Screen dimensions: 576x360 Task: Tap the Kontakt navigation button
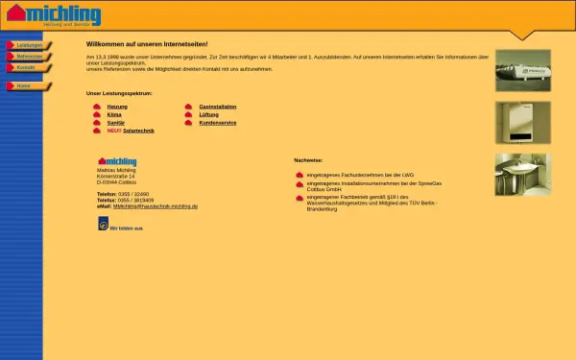tap(26, 67)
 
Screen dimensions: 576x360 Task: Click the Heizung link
tap(117, 107)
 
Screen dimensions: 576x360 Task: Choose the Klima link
tap(114, 114)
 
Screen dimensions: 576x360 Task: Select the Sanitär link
tap(115, 122)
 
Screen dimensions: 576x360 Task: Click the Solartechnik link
tap(138, 130)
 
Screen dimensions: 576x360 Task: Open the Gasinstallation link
tap(218, 107)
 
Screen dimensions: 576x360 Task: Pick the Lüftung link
tap(209, 114)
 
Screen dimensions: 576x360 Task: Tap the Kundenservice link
tap(218, 122)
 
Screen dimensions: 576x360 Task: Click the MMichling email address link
tap(156, 206)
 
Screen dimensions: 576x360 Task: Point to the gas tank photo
tap(522, 70)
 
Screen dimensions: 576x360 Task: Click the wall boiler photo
tap(522, 122)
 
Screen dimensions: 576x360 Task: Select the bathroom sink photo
tap(522, 174)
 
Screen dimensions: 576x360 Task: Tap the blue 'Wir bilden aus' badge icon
tap(103, 225)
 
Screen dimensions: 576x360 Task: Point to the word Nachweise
tap(309, 160)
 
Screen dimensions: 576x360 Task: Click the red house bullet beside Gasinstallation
tap(189, 107)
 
